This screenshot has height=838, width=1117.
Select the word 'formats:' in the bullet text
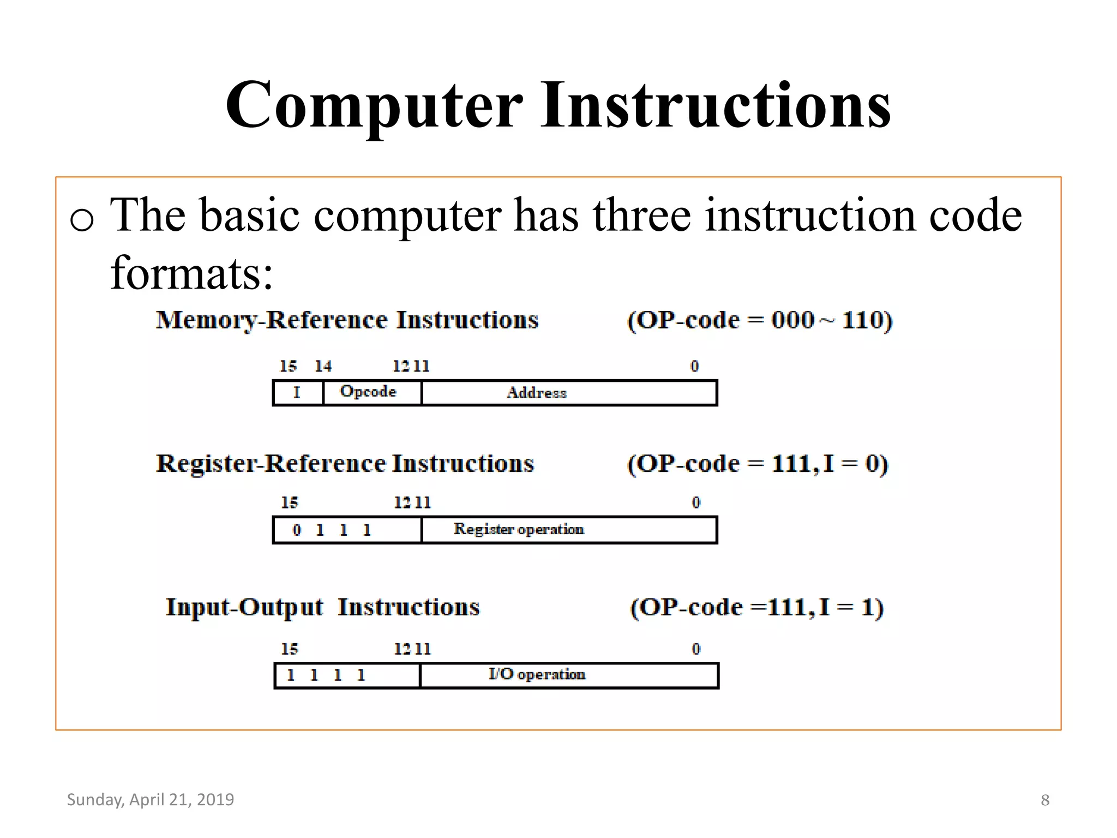(x=191, y=273)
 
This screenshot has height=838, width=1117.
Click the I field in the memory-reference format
(x=297, y=392)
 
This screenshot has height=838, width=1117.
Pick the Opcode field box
(x=369, y=392)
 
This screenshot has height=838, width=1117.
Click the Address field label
(x=537, y=393)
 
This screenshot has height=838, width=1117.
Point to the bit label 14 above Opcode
(x=323, y=366)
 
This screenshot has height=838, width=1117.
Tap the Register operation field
(x=519, y=529)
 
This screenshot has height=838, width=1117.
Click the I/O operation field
(x=537, y=675)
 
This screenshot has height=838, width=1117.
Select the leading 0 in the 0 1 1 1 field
(x=297, y=530)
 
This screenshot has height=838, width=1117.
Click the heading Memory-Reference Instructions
(x=347, y=320)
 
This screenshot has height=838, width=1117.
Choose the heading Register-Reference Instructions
(x=345, y=464)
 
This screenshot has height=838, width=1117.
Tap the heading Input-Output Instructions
(x=323, y=607)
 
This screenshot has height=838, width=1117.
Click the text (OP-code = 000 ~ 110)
(x=760, y=320)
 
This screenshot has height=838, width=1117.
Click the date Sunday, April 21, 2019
(x=151, y=799)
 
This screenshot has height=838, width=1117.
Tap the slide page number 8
(x=1045, y=800)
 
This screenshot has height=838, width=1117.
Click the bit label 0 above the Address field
(x=694, y=366)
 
